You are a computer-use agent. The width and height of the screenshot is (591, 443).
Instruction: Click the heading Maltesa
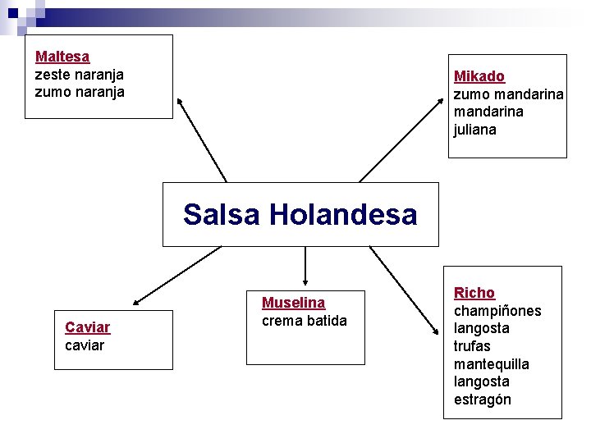pyautogui.click(x=62, y=57)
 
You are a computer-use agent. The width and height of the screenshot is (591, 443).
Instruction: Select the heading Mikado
pyautogui.click(x=479, y=76)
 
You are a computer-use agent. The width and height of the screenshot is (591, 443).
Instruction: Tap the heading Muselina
pyautogui.click(x=293, y=303)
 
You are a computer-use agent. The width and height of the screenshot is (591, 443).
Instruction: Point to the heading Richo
pyautogui.click(x=474, y=293)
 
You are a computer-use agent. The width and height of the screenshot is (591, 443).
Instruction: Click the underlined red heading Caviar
pyautogui.click(x=87, y=327)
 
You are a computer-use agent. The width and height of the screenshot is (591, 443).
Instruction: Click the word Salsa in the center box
pyautogui.click(x=222, y=215)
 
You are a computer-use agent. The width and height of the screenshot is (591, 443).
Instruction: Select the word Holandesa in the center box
pyautogui.click(x=343, y=215)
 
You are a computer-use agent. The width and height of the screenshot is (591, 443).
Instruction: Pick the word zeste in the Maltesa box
pyautogui.click(x=52, y=75)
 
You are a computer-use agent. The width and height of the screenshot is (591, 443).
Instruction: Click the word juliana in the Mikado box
pyautogui.click(x=475, y=130)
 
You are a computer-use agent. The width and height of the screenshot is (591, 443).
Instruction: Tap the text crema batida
pyautogui.click(x=305, y=321)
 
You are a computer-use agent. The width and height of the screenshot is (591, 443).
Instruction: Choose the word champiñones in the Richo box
pyautogui.click(x=497, y=311)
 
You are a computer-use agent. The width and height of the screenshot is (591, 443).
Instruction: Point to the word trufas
pyautogui.click(x=472, y=346)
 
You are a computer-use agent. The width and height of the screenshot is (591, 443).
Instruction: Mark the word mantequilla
pyautogui.click(x=492, y=364)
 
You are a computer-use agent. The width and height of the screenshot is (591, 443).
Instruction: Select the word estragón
pyautogui.click(x=483, y=400)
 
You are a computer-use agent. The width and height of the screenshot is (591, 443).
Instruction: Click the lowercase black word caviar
pyautogui.click(x=85, y=345)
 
